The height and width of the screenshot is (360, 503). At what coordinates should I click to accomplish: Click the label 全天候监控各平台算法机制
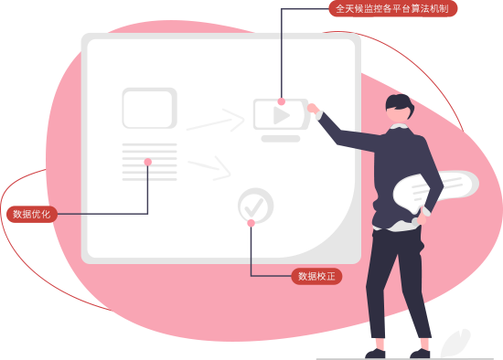point(393,8)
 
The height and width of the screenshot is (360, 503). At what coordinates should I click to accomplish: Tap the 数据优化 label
point(32,214)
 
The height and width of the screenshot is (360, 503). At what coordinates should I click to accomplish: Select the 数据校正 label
point(316,276)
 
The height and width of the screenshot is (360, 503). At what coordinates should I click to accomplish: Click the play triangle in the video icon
point(281,115)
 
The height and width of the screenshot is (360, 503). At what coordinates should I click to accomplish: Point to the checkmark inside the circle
point(254,206)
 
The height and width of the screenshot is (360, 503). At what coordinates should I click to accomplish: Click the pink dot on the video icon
point(282,101)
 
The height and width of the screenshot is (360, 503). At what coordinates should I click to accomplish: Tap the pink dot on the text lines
point(148,162)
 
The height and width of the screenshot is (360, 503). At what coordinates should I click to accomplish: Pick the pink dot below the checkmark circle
point(251,223)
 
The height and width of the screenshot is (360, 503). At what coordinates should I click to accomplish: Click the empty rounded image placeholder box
point(149,108)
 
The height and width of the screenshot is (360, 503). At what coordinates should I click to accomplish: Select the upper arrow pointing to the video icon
point(216,121)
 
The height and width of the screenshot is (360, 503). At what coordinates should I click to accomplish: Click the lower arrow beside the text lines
point(209,168)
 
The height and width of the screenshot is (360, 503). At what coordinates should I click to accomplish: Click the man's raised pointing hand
point(313,109)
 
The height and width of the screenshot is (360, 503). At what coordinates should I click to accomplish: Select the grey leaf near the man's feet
point(455,343)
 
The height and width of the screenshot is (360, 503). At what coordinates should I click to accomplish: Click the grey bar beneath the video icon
point(281,139)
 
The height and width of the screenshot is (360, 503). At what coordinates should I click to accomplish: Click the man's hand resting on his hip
point(422,218)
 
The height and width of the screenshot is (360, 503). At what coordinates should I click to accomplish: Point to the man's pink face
point(399,115)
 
